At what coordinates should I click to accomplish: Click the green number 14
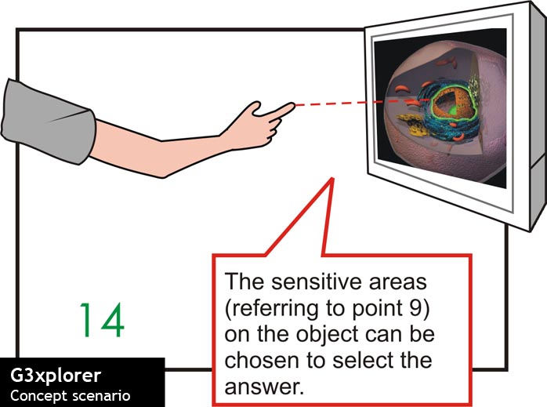click(102, 320)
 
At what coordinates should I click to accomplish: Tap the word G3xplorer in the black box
click(56, 376)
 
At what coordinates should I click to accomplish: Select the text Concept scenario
click(70, 396)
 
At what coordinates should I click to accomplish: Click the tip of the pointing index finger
click(294, 104)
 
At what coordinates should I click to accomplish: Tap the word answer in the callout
click(263, 387)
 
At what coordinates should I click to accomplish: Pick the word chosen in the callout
click(261, 360)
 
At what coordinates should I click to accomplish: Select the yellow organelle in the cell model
click(411, 124)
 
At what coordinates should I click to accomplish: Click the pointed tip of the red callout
click(332, 179)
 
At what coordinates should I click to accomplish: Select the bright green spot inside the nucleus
click(453, 111)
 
